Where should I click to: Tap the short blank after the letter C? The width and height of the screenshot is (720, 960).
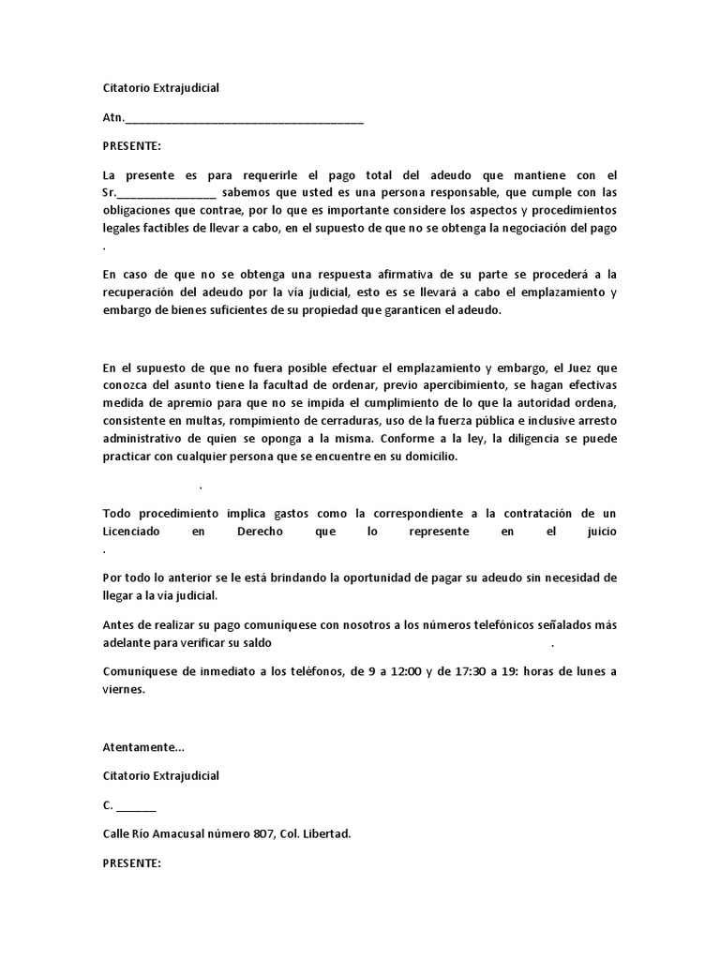(137, 806)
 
